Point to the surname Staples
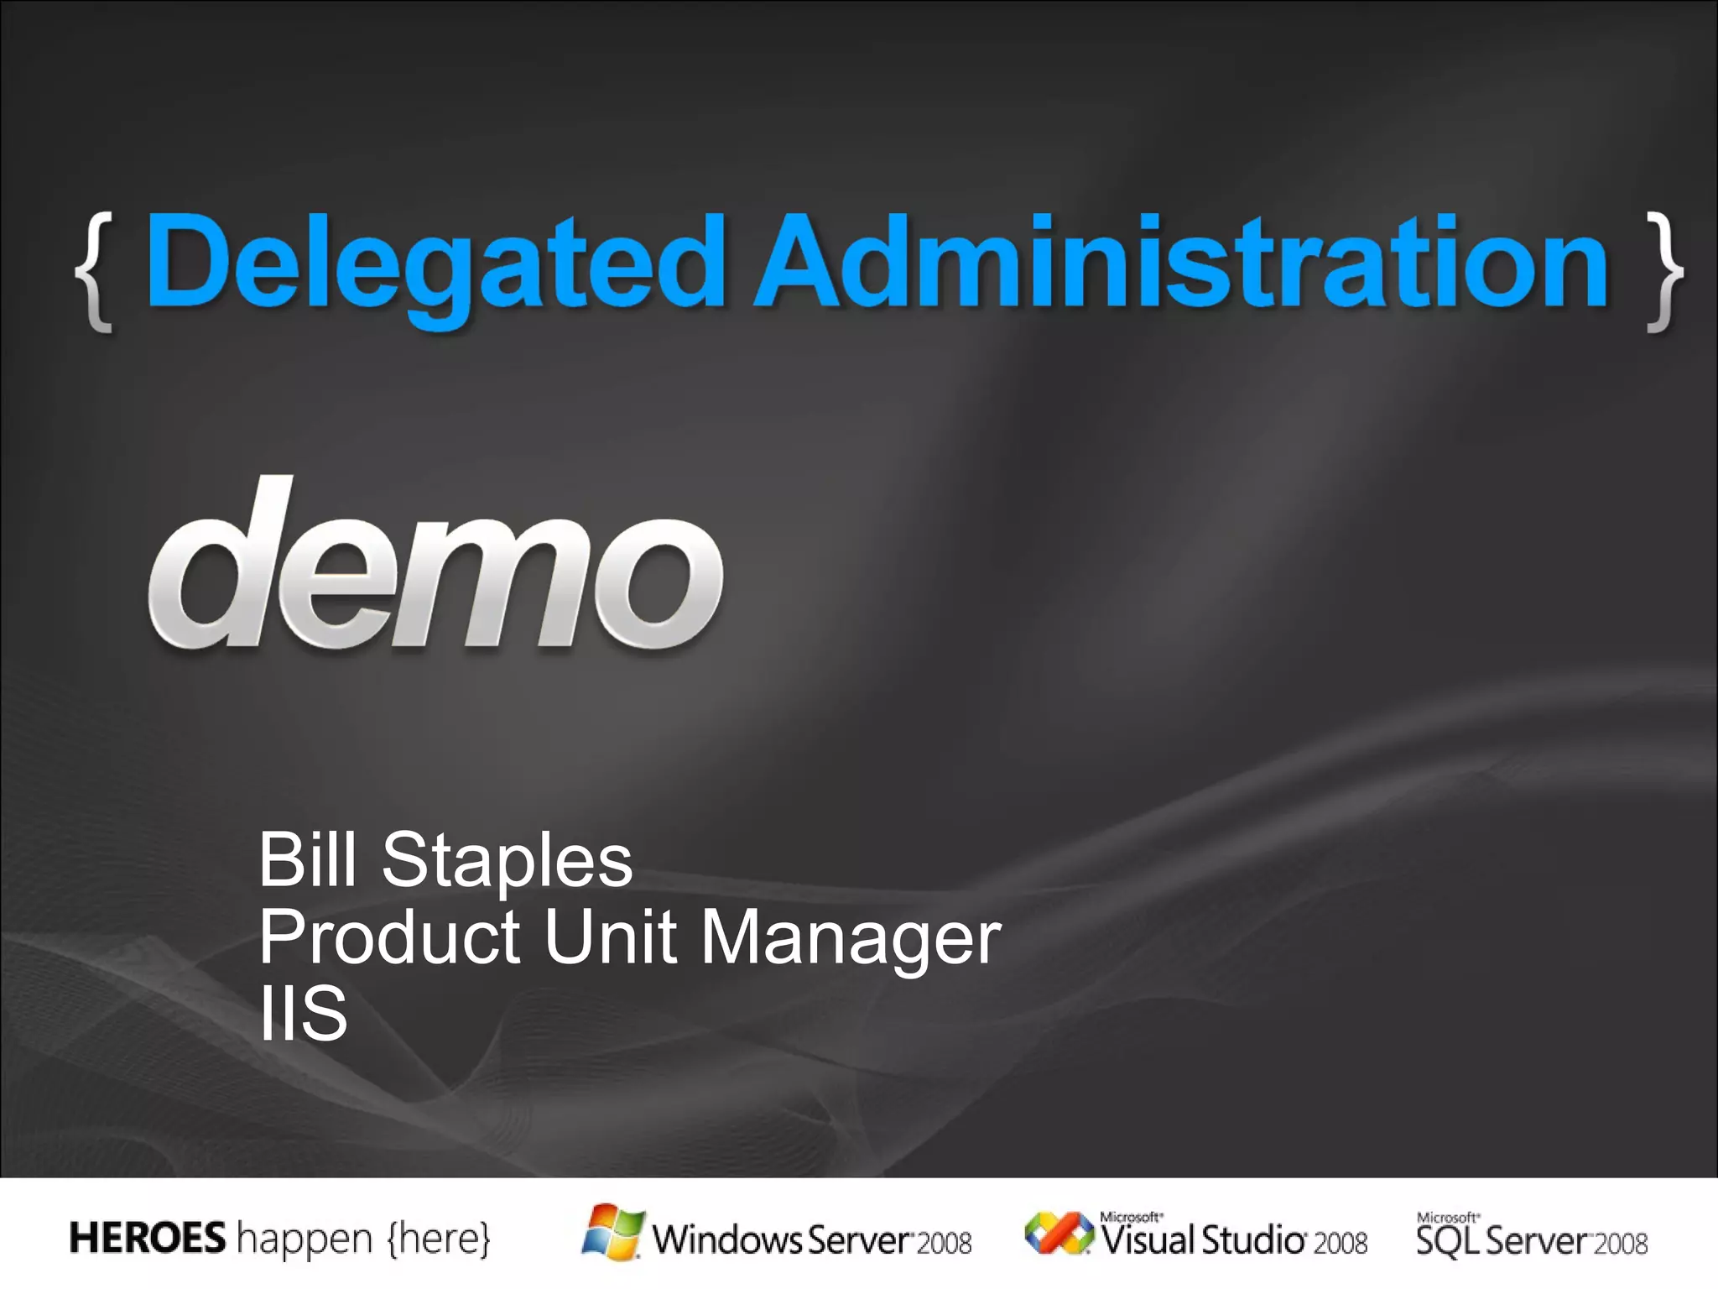(x=507, y=863)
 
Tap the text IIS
(x=303, y=1013)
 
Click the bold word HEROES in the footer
(x=148, y=1238)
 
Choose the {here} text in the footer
(x=438, y=1239)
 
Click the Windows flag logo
(x=613, y=1232)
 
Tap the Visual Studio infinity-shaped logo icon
(x=1059, y=1234)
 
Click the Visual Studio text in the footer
(x=1203, y=1240)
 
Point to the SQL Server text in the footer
(x=1502, y=1240)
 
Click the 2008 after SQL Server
(x=1621, y=1243)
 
